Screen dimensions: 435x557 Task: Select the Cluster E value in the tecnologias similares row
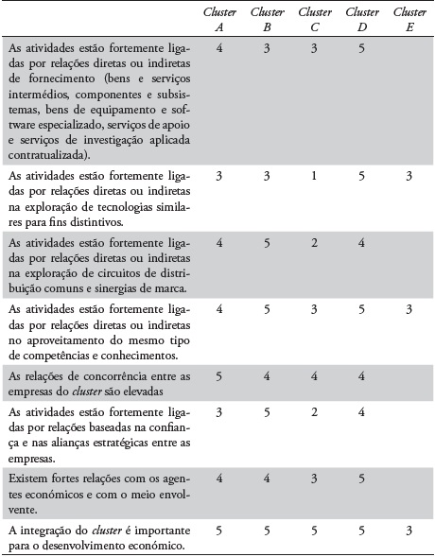pyautogui.click(x=409, y=176)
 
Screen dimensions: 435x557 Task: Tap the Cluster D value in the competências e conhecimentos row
pyautogui.click(x=361, y=308)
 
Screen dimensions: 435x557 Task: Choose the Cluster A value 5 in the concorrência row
pyautogui.click(x=219, y=374)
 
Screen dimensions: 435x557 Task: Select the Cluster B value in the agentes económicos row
pyautogui.click(x=266, y=479)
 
